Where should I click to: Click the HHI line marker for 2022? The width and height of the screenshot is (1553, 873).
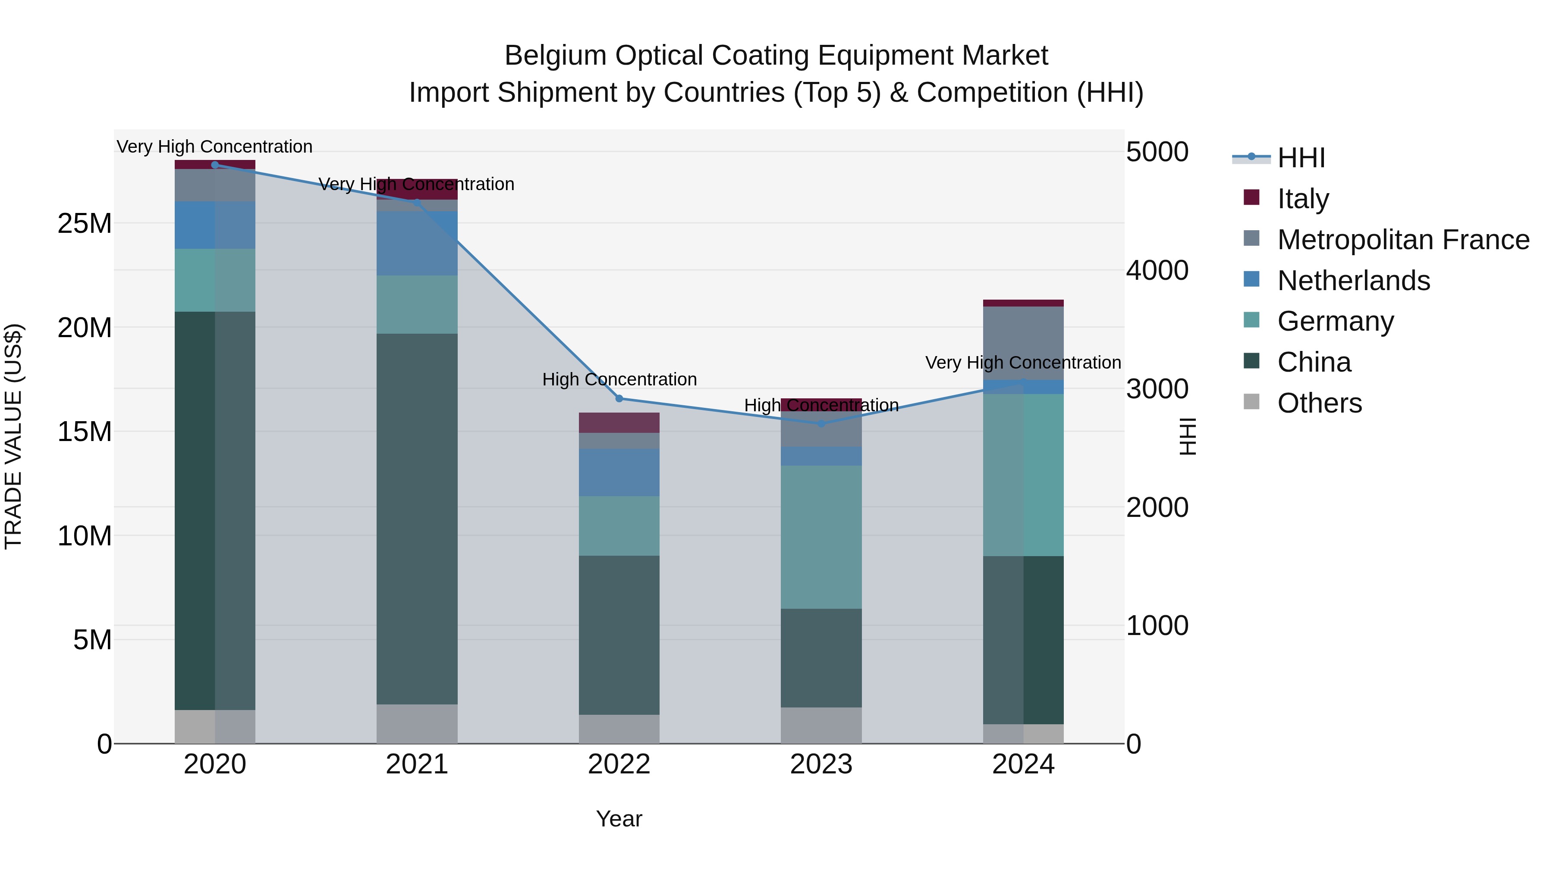click(x=619, y=398)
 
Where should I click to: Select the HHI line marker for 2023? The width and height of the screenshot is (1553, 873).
click(x=821, y=423)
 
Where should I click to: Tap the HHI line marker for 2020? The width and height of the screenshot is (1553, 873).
click(x=215, y=165)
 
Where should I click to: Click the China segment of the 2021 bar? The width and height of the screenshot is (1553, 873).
click(x=417, y=518)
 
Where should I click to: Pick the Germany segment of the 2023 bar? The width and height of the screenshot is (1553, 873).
click(x=821, y=536)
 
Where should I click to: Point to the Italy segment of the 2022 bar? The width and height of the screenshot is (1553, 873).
click(x=619, y=422)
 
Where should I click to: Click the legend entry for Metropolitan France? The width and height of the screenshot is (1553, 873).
click(x=1403, y=240)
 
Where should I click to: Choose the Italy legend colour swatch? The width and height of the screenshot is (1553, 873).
click(x=1251, y=197)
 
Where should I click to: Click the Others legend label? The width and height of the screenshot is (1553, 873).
click(x=1319, y=403)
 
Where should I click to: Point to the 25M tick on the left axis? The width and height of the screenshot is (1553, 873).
click(x=85, y=223)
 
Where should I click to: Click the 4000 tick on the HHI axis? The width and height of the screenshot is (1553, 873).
click(x=1156, y=270)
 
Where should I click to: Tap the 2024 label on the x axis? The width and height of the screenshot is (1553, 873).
click(x=1023, y=764)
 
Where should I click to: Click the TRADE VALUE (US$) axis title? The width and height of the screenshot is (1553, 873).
click(x=13, y=436)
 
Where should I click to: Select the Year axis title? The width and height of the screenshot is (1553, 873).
click(x=619, y=819)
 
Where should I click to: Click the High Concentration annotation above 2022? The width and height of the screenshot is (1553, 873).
click(x=619, y=379)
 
